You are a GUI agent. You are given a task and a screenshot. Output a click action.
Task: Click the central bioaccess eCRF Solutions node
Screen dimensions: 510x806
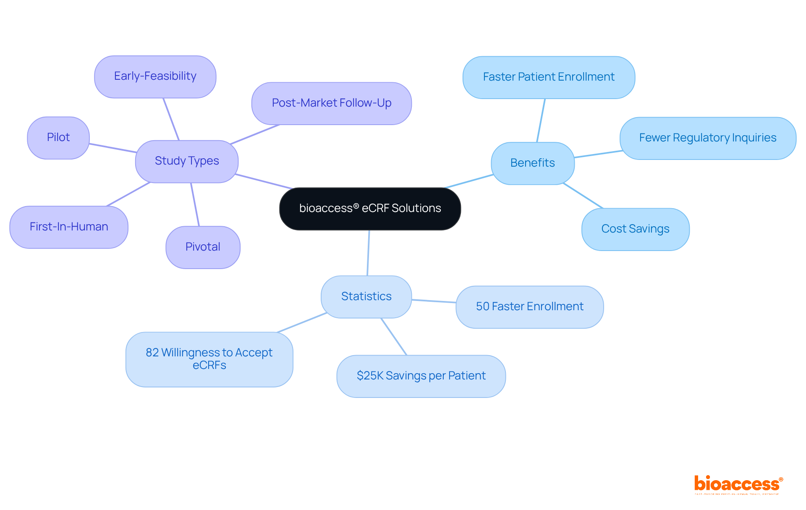click(370, 209)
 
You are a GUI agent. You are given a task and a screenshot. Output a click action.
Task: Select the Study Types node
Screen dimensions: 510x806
click(187, 161)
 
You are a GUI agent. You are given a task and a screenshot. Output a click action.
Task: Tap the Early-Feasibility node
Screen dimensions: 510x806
click(155, 76)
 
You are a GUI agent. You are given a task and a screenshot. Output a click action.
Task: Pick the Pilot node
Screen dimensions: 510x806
click(58, 138)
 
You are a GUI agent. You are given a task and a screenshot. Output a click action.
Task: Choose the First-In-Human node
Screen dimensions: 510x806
click(69, 227)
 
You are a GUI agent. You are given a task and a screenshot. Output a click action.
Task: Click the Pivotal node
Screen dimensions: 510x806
click(203, 247)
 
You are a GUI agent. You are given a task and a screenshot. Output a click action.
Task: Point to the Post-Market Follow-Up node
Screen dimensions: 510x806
click(331, 103)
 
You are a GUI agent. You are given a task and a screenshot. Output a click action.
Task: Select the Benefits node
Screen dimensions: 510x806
click(532, 163)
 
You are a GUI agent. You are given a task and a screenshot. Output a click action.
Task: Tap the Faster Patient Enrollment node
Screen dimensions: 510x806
click(548, 77)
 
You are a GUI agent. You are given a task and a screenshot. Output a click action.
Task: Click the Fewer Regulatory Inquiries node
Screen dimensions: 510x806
click(707, 138)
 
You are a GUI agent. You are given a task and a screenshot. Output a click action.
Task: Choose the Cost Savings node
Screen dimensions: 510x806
click(635, 229)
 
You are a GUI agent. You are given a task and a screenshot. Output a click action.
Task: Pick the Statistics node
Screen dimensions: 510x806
click(366, 297)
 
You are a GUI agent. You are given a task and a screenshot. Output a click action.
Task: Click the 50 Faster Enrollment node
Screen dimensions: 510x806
click(529, 307)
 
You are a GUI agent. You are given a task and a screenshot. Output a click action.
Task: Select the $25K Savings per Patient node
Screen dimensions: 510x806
click(421, 376)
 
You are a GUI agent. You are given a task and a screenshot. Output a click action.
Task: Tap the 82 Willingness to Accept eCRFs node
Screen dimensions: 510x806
click(209, 359)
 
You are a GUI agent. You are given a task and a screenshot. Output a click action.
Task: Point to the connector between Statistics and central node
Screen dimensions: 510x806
click(368, 253)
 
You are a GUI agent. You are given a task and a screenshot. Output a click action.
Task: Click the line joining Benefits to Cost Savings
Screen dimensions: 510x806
click(583, 196)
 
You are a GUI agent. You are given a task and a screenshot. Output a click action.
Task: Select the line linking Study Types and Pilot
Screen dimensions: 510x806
click(113, 148)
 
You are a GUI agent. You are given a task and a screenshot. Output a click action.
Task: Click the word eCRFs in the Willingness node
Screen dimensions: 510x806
click(209, 366)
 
